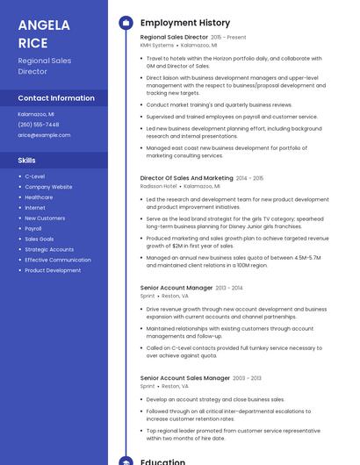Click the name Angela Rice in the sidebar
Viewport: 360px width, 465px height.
pyautogui.click(x=45, y=33)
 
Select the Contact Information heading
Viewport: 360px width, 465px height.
pyautogui.click(x=56, y=98)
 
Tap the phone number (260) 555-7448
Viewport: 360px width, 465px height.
pyautogui.click(x=39, y=125)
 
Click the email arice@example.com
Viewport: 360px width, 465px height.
pyautogui.click(x=44, y=135)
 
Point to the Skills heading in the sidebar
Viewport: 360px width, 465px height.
pyautogui.click(x=27, y=161)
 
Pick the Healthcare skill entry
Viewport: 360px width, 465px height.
pyautogui.click(x=39, y=197)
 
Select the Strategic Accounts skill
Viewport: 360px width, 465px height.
pyautogui.click(x=49, y=249)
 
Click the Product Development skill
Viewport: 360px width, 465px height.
pyautogui.click(x=53, y=270)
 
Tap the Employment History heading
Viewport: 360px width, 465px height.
pyautogui.click(x=185, y=23)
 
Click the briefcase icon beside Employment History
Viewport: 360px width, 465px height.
pyautogui.click(x=126, y=23)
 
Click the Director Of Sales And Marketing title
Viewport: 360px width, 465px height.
pyautogui.click(x=186, y=178)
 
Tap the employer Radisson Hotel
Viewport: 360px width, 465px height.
pyautogui.click(x=158, y=186)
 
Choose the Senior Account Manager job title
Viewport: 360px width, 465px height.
pyautogui.click(x=176, y=288)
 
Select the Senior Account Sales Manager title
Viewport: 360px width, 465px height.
pyautogui.click(x=184, y=378)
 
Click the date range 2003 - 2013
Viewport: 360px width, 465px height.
pyautogui.click(x=247, y=378)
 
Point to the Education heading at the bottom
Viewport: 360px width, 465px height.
pyautogui.click(x=162, y=461)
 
